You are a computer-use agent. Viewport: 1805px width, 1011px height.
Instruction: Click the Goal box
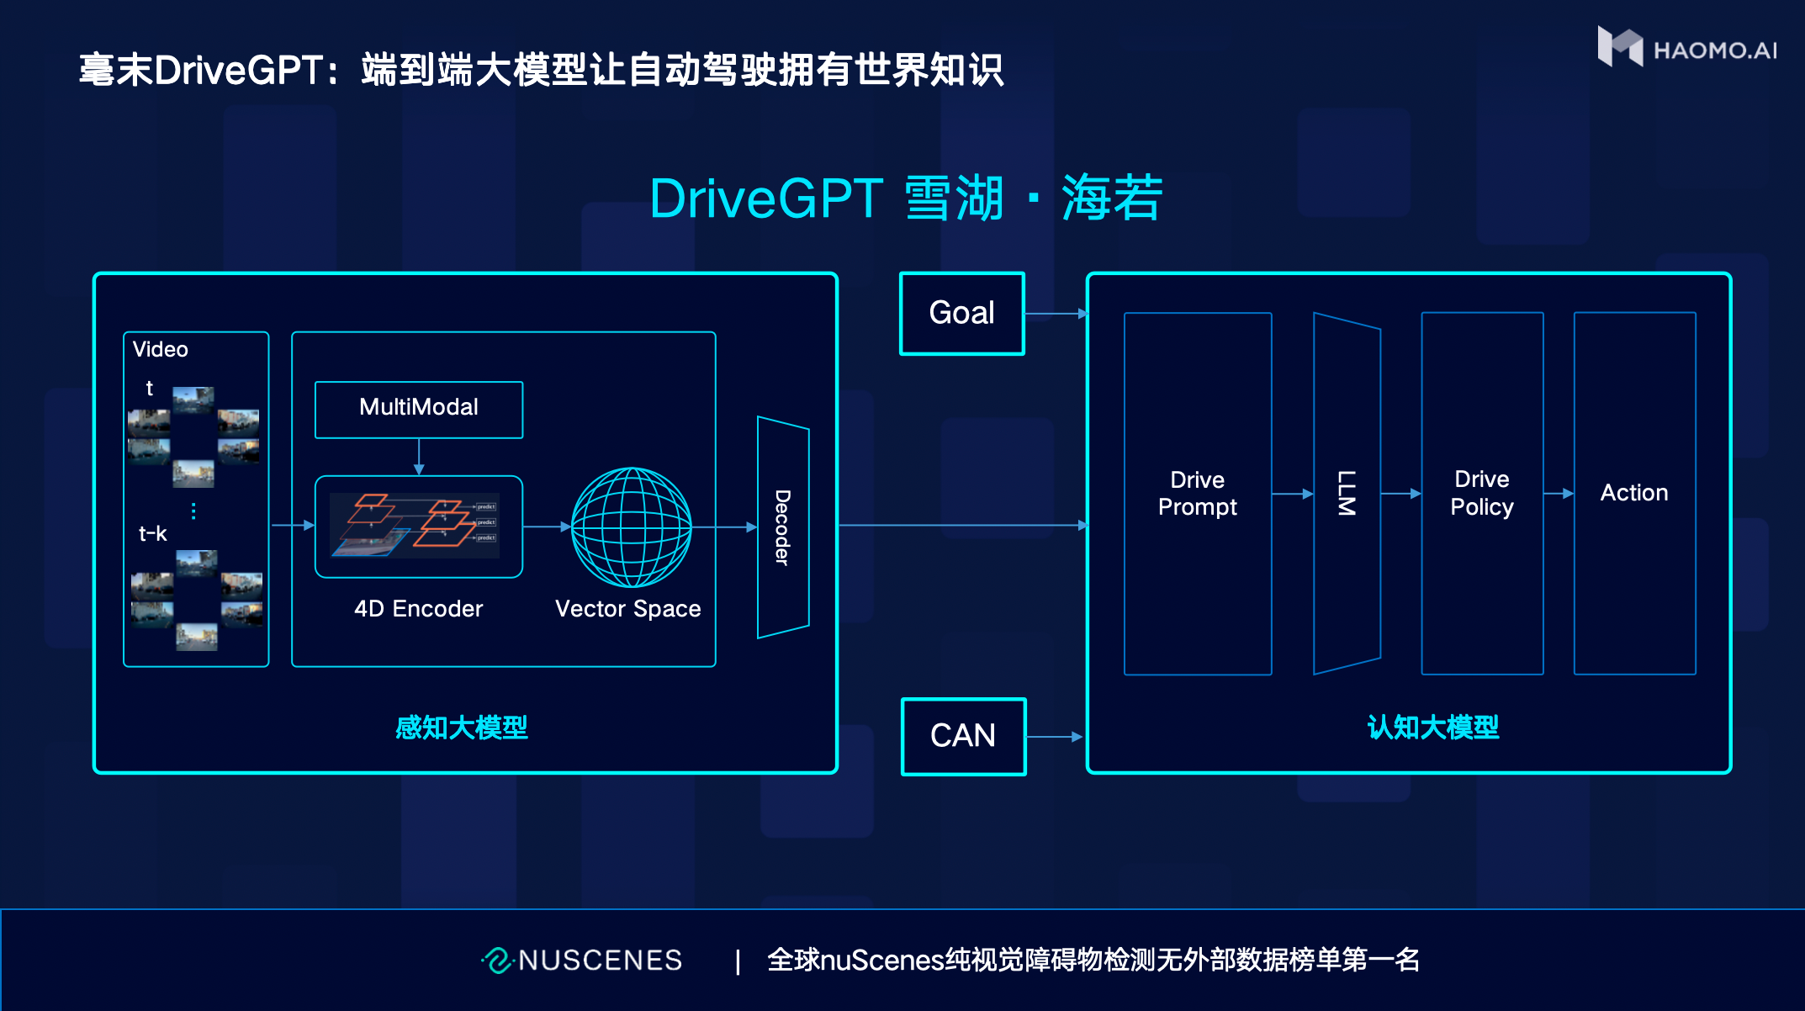[961, 313]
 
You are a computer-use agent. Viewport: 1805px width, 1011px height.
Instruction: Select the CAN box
[963, 736]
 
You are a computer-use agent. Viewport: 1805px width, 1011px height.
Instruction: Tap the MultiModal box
[418, 409]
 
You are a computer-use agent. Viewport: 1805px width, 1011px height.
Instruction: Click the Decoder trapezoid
[782, 527]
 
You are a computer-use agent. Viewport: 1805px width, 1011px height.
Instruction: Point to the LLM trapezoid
[1346, 493]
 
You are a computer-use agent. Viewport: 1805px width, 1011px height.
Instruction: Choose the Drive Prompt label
[1197, 493]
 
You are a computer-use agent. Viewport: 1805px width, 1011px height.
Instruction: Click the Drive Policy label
[1481, 493]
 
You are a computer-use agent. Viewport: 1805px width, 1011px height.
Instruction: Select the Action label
[1633, 493]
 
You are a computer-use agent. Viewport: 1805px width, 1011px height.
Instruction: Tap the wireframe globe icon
[631, 527]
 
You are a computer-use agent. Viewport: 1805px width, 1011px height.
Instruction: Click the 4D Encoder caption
[418, 609]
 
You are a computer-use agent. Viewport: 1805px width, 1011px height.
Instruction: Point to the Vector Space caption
[627, 609]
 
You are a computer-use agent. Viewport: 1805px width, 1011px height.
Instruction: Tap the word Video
[160, 350]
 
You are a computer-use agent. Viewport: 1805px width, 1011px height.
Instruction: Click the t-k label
[152, 534]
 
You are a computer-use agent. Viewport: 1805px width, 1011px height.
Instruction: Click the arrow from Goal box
[1056, 314]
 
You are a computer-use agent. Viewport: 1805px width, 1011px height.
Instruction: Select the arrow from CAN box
[1055, 737]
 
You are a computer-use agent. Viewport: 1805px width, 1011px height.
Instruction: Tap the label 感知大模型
[461, 728]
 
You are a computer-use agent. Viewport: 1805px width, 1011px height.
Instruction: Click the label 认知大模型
[1432, 728]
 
